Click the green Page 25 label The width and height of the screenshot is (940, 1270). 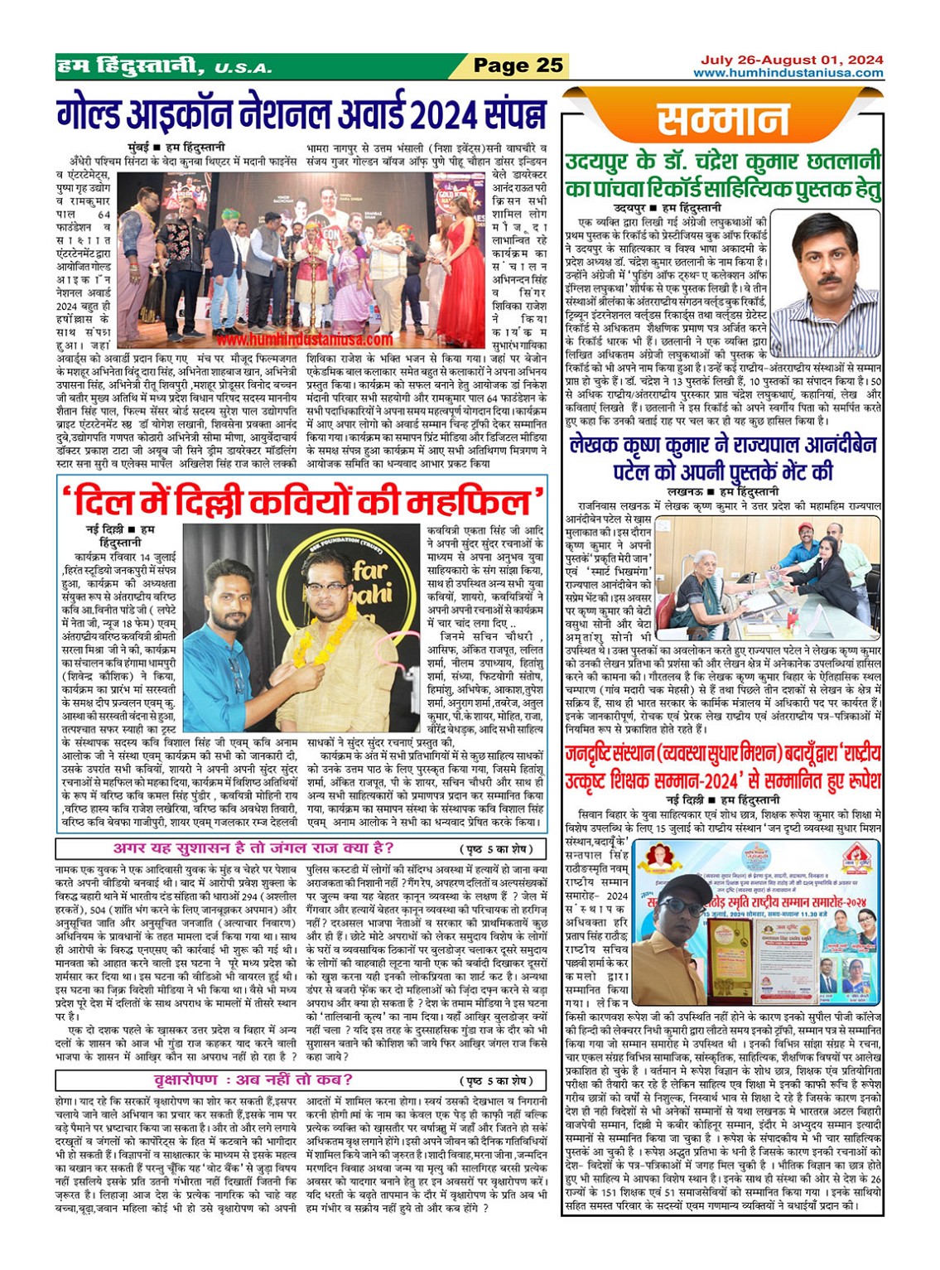pyautogui.click(x=518, y=65)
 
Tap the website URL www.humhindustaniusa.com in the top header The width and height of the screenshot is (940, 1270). pyautogui.click(x=788, y=73)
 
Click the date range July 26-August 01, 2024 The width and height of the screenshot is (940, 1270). pyautogui.click(x=792, y=60)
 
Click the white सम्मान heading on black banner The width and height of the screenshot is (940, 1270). pyautogui.click(x=722, y=121)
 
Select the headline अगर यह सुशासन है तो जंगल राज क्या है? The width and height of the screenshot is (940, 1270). pyautogui.click(x=253, y=848)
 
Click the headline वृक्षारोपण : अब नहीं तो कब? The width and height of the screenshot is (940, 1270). pyautogui.click(x=253, y=1079)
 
